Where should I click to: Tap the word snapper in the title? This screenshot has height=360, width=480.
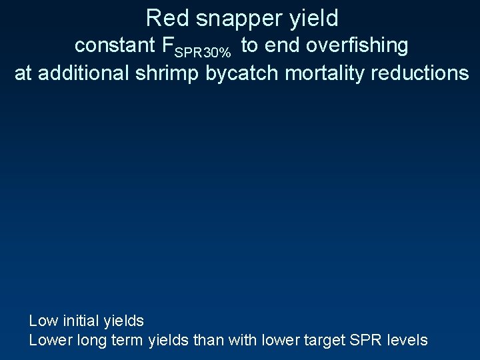point(229,18)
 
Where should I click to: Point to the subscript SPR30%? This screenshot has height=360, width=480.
point(207,51)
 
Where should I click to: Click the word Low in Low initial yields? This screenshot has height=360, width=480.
point(43,321)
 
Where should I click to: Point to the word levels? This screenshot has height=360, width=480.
point(406,340)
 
